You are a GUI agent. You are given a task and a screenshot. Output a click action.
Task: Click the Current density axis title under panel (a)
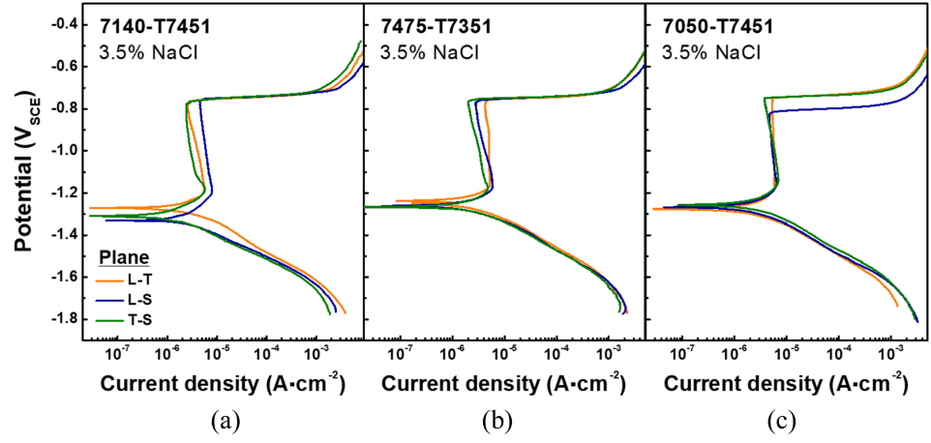223,383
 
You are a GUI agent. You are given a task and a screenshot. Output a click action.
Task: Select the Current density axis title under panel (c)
785,383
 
